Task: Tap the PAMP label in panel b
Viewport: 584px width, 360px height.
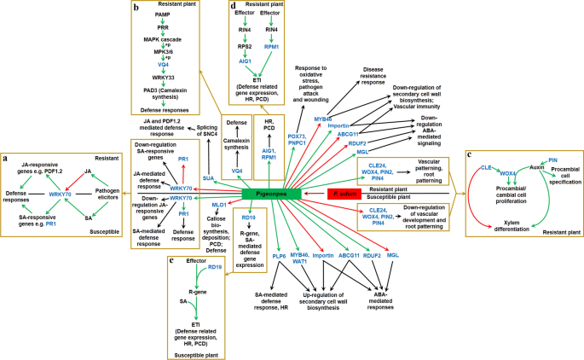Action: [x=163, y=15]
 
